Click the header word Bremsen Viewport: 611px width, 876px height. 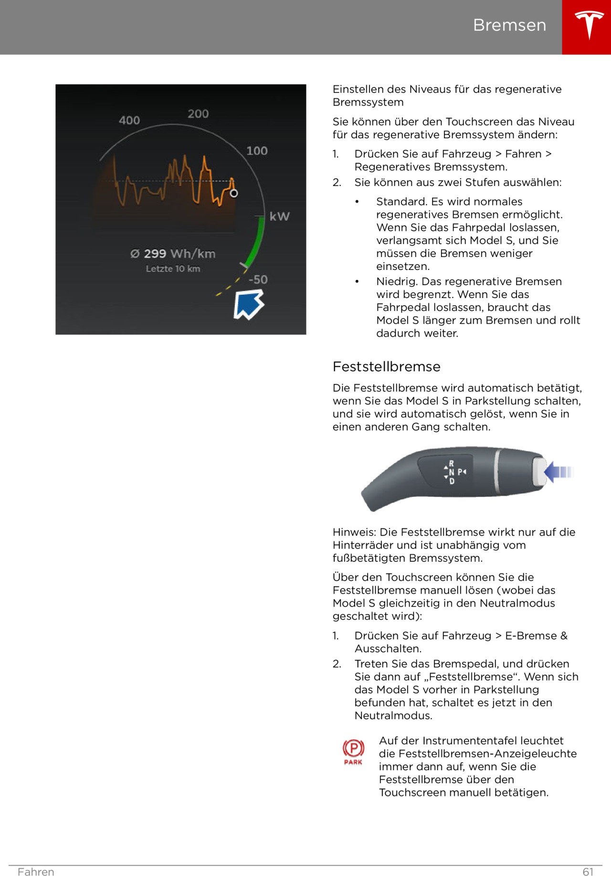(509, 25)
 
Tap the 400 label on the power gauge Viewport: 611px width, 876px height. (129, 120)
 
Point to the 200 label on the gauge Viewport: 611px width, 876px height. (198, 113)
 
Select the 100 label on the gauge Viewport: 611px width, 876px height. (257, 151)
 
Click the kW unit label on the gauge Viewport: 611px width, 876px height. (279, 216)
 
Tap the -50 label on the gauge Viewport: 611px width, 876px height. (258, 279)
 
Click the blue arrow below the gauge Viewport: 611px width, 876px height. (248, 305)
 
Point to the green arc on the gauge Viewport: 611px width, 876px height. (256, 243)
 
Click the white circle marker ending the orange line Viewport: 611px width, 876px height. (234, 193)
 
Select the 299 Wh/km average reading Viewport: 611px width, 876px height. (173, 254)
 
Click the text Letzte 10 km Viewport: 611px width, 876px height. (173, 269)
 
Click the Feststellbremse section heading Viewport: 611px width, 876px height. (386, 367)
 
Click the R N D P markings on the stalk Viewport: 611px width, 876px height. (454, 472)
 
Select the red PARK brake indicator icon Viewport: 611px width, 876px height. (353, 752)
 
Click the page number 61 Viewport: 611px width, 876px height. (588, 872)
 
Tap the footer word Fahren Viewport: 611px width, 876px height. (36, 872)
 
